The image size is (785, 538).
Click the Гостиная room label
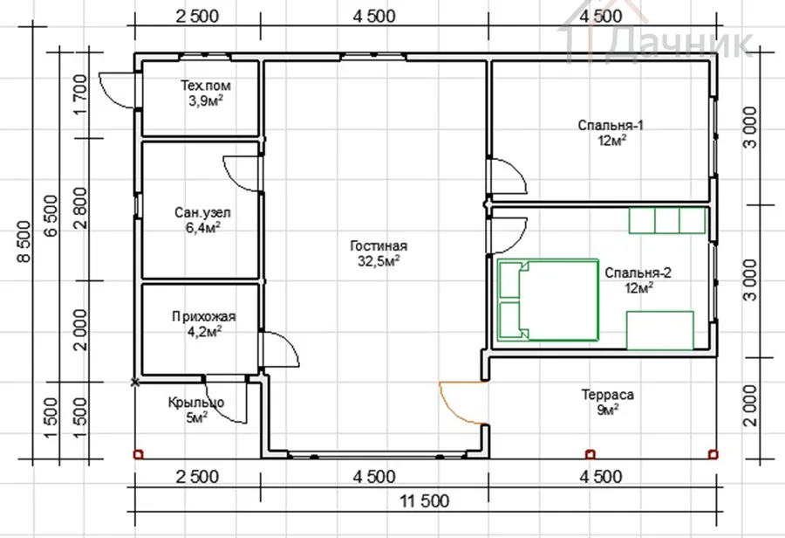pos(379,245)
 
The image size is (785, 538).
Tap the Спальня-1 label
pos(611,125)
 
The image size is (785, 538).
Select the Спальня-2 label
pos(638,272)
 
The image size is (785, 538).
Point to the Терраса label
pos(607,395)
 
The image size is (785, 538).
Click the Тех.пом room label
pos(206,86)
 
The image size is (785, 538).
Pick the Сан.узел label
pos(202,212)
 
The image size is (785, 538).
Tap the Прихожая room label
pos(204,317)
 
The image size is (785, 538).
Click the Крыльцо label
pos(195,403)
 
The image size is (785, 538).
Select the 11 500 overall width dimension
pos(424,501)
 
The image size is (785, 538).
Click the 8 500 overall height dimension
pos(24,241)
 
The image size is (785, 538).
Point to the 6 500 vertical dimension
pos(51,216)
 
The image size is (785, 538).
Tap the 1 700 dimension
pos(80,95)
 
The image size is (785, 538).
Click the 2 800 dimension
pos(80,208)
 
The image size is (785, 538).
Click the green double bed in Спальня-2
pos(549,300)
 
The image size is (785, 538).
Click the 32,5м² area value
pos(379,261)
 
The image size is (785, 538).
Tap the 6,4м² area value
pos(203,228)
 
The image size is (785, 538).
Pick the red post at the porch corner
pos(138,455)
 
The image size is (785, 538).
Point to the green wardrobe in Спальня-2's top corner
pos(667,221)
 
